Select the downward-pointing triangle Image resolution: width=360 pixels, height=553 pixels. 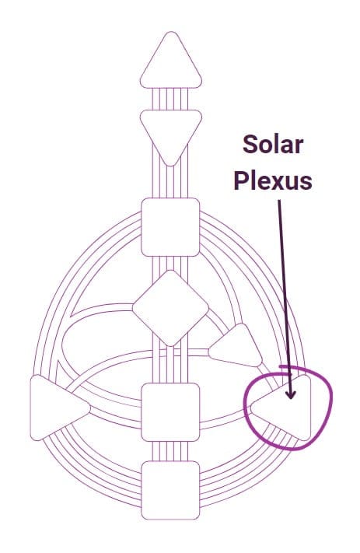coord(171,132)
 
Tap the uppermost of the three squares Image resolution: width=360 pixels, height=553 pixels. coord(170,227)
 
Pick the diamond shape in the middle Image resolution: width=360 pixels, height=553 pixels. coord(170,308)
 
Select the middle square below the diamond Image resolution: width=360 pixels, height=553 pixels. coord(170,412)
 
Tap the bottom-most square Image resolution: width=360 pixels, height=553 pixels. coord(170,490)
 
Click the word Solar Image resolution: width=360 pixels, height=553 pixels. coord(273,145)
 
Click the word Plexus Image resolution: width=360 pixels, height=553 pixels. coord(273,180)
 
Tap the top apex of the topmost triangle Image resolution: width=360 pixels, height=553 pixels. coord(171,32)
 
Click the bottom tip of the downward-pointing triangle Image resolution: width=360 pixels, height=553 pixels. coord(171,166)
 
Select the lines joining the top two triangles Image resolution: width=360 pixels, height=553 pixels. coord(170,99)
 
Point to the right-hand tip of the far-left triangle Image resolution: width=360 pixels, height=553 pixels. coord(90,408)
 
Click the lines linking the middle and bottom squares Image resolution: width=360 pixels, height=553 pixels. coord(170,451)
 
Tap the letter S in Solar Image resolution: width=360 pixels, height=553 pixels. coord(250,145)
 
